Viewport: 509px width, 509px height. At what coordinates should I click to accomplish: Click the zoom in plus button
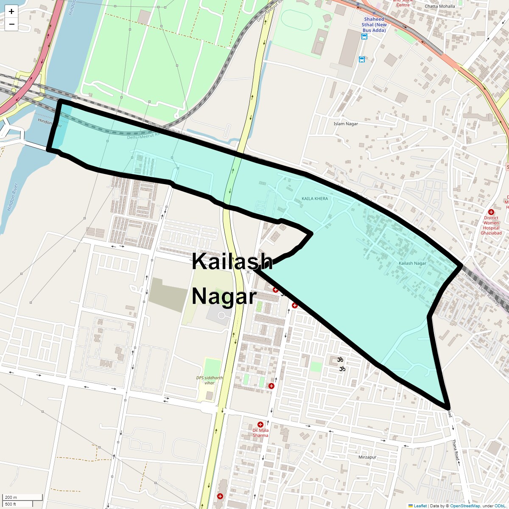(11, 11)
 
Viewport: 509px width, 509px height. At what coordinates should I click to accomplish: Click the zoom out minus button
(11, 24)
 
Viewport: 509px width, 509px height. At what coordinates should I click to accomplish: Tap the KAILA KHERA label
(314, 199)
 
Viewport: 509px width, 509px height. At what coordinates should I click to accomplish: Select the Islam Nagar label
(346, 124)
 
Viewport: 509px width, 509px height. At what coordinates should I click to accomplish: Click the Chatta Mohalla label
(439, 6)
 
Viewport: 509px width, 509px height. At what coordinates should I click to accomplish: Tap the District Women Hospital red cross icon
(491, 212)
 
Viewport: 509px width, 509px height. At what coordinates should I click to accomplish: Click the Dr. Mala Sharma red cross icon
(260, 425)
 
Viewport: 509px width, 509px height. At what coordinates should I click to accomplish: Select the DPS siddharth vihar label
(209, 380)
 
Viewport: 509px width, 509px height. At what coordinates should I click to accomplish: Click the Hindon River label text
(13, 197)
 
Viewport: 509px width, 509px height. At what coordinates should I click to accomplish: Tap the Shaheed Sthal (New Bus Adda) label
(374, 25)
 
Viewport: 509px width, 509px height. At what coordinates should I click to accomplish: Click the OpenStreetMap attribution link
(465, 506)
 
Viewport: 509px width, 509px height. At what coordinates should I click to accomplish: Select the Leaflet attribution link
(420, 506)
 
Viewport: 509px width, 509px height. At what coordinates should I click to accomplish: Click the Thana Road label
(455, 450)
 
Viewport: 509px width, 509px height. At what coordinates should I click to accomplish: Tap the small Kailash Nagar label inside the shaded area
(412, 263)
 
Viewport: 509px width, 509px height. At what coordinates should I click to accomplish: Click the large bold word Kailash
(232, 261)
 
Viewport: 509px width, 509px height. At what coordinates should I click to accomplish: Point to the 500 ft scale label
(11, 504)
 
